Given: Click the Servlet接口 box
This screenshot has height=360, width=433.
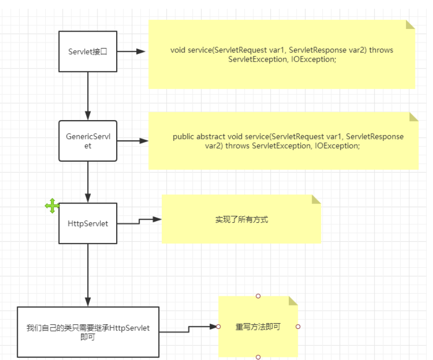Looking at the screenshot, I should click(x=88, y=51).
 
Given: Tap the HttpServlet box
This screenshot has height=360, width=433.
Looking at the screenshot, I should click(x=88, y=223).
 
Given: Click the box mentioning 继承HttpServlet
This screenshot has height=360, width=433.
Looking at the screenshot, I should click(x=88, y=332).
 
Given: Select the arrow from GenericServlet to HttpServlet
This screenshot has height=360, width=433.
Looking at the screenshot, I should click(x=88, y=181).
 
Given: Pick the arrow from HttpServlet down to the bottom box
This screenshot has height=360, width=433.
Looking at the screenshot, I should click(x=88, y=275).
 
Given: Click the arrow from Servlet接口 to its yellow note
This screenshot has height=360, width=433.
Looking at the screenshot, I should click(x=132, y=51).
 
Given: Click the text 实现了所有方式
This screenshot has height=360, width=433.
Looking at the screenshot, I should click(x=242, y=220).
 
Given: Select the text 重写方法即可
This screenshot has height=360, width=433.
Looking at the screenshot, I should click(x=258, y=327).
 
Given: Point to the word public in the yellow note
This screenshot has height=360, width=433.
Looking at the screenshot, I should click(x=184, y=137).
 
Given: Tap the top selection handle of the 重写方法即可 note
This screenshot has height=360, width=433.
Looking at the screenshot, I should click(x=258, y=296).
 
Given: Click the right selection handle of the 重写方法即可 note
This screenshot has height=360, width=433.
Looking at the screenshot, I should click(x=298, y=327).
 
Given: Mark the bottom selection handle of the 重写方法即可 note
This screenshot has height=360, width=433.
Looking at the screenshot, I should click(x=258, y=357).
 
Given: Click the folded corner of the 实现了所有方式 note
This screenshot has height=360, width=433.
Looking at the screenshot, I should click(x=316, y=199).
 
